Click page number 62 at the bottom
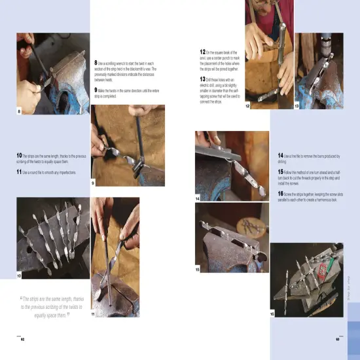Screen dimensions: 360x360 pyautogui.click(x=22, y=340)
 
